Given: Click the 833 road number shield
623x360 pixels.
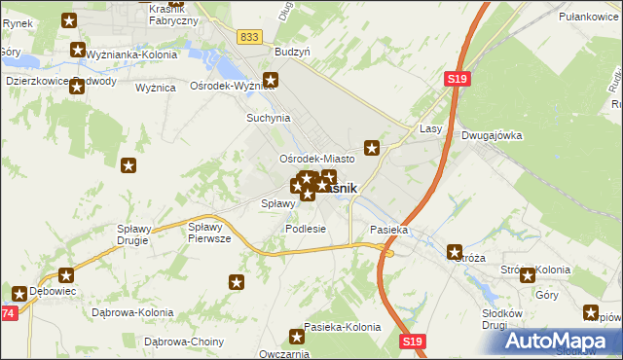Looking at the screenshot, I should (x=250, y=36).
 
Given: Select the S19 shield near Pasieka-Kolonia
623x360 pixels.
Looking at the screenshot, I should (x=413, y=341).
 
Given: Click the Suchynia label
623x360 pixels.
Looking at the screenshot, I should (x=268, y=118).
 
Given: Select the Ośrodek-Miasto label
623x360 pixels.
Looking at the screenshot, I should (x=316, y=158).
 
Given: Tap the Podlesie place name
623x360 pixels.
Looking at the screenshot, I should (x=305, y=229).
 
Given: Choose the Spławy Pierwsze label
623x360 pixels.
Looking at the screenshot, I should (x=208, y=233).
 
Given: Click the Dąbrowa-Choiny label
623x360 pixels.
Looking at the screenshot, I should (x=184, y=342).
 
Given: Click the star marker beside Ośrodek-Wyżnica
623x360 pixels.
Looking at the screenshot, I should (x=272, y=82).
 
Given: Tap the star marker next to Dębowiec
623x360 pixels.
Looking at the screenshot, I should (x=19, y=292).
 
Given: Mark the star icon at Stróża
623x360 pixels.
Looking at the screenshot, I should (x=453, y=252).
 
